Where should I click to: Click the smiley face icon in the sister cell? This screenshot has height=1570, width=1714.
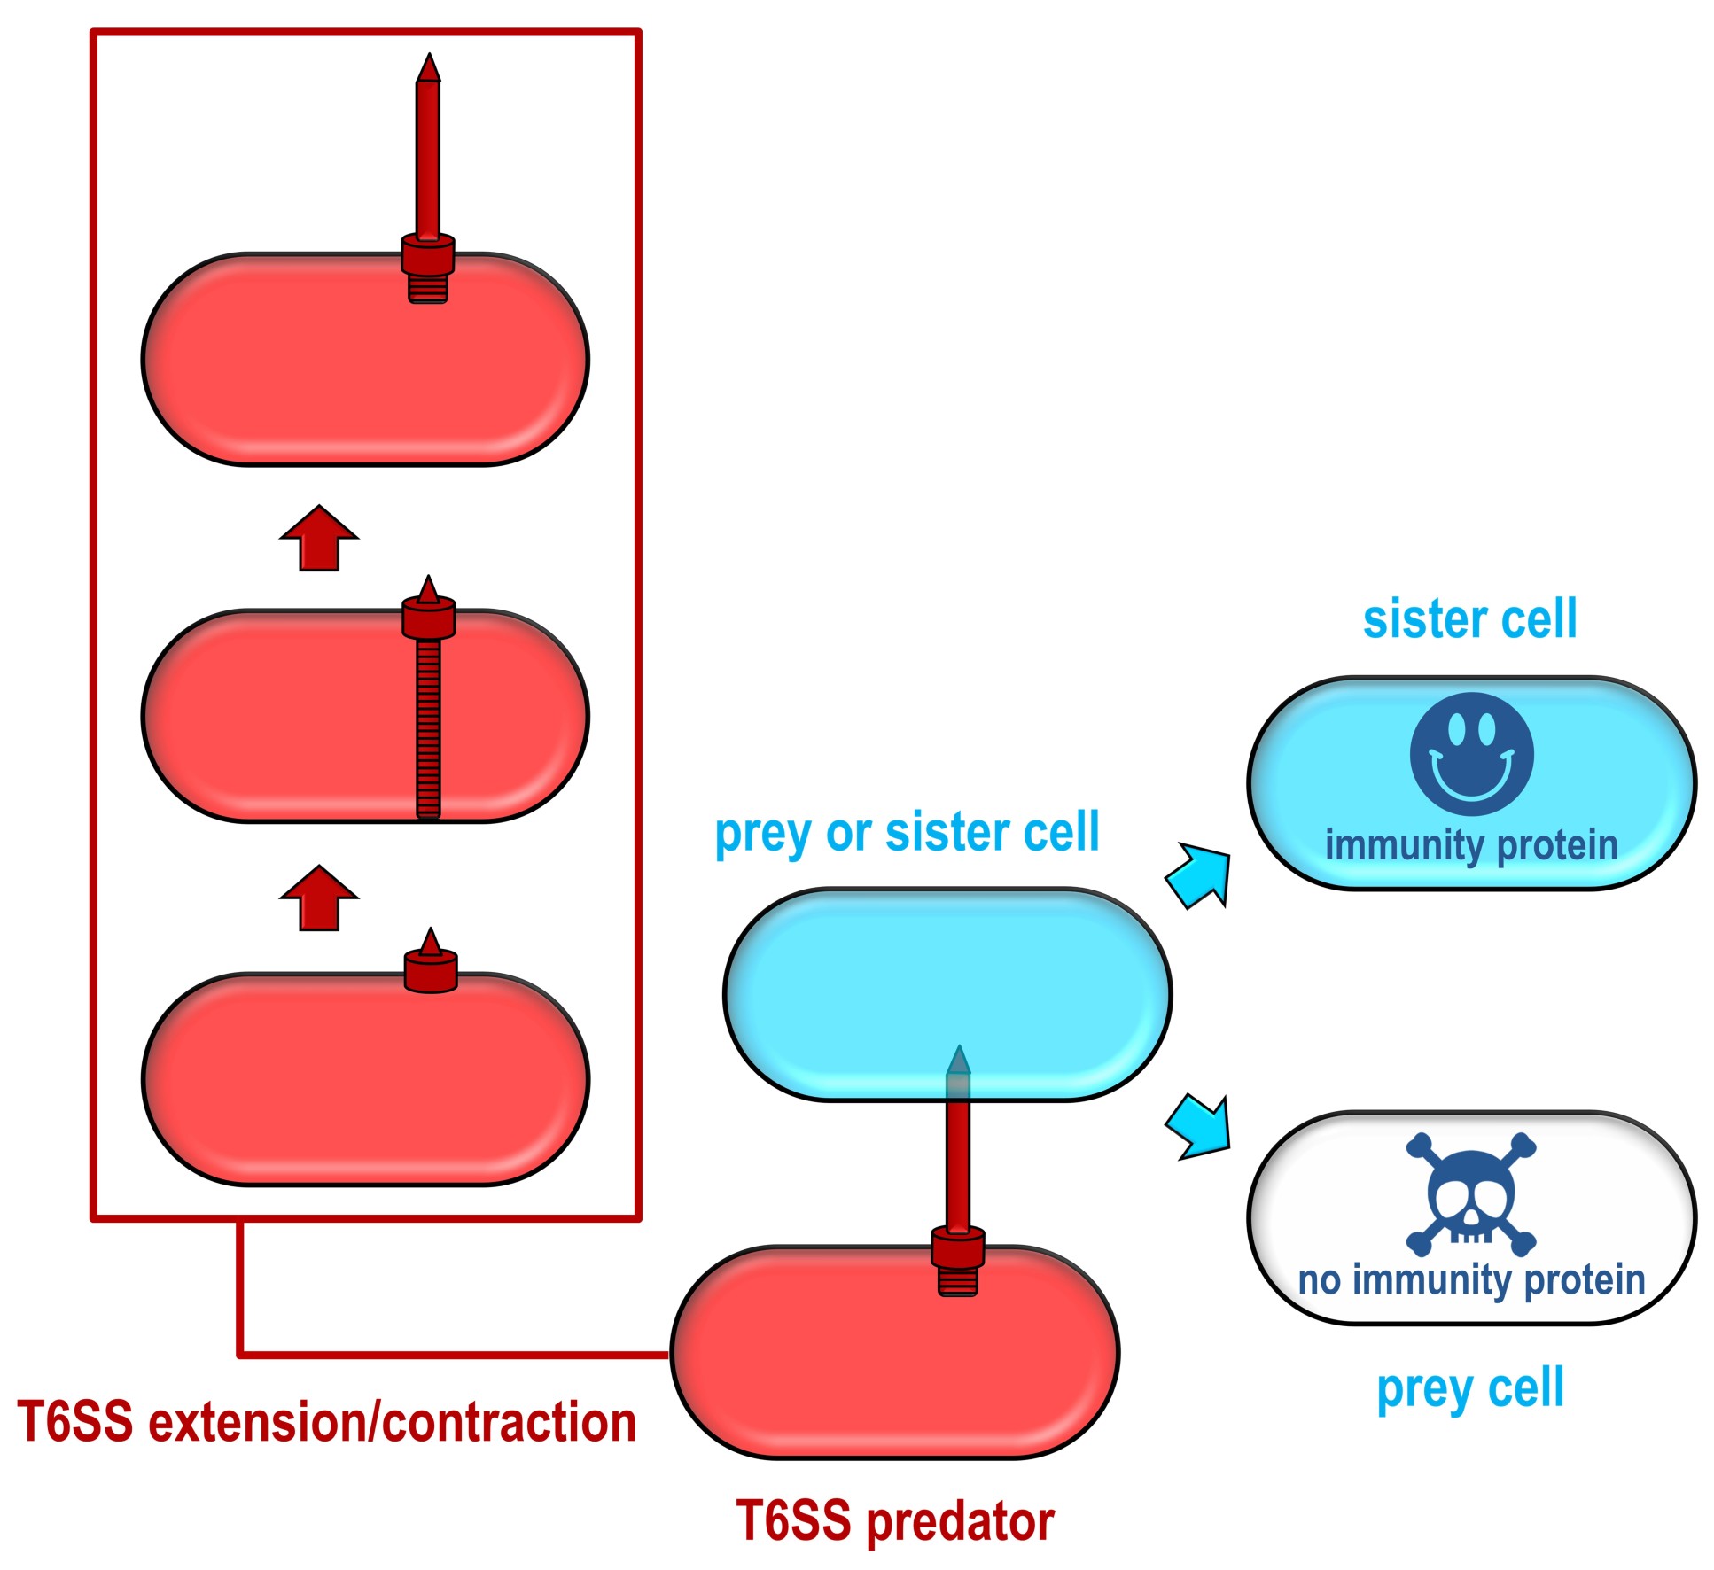pos(1470,754)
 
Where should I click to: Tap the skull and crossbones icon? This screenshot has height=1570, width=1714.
pos(1470,1194)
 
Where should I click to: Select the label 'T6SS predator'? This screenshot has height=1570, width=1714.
pos(895,1520)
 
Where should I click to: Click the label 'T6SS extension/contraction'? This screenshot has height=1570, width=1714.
pos(326,1422)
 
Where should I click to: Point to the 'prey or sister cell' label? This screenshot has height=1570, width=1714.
pos(907,833)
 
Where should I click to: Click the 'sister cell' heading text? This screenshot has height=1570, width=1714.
pos(1469,618)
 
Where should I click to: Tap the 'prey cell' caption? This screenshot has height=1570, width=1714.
pos(1469,1388)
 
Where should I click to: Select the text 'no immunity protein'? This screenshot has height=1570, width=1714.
pos(1471,1280)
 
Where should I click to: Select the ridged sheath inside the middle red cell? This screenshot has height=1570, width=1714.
pos(429,727)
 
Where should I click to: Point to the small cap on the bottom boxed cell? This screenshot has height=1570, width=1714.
pos(431,966)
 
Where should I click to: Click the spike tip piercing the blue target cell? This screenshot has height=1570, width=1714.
pos(959,1060)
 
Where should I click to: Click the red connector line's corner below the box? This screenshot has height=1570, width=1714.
pos(240,1355)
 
